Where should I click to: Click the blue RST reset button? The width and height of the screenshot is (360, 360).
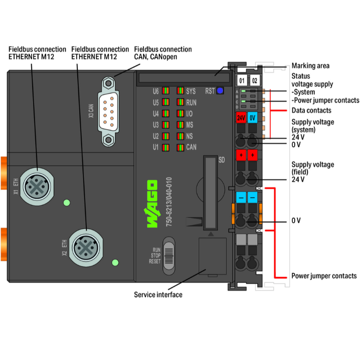[220, 90]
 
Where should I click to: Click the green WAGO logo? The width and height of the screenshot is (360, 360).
[152, 204]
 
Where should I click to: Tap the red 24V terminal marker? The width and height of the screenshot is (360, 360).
[241, 117]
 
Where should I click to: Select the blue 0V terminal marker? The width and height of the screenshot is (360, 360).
[253, 117]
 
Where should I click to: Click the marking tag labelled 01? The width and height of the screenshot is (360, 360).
[242, 80]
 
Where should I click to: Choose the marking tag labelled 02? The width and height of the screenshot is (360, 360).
[254, 80]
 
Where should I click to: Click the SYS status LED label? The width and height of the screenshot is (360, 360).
[191, 91]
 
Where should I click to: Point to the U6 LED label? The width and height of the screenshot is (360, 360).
[155, 91]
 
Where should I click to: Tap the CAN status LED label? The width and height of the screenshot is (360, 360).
[191, 147]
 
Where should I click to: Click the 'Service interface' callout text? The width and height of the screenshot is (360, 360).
[158, 295]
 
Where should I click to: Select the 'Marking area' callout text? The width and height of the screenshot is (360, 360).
[311, 66]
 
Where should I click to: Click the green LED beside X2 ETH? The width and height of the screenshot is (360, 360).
[115, 263]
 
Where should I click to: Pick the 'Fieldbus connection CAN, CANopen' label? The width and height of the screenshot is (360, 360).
[163, 53]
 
